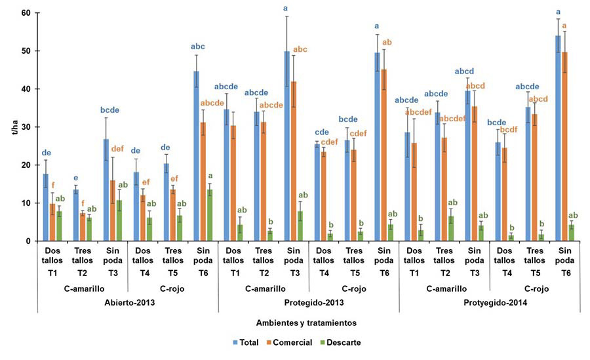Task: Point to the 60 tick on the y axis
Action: click(26, 13)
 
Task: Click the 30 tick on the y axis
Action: click(26, 127)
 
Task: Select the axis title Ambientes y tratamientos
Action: click(296, 323)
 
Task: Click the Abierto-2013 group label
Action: click(128, 302)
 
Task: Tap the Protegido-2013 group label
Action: click(308, 302)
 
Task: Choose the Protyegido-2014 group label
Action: click(489, 302)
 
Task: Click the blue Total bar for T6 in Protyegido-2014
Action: click(559, 138)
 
